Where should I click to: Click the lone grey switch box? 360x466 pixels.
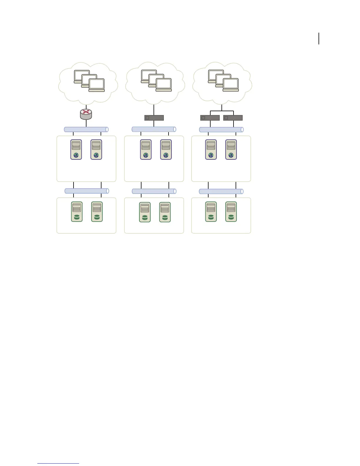tap(154, 118)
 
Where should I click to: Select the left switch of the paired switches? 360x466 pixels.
tap(210, 118)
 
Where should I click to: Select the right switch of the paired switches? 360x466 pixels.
tap(233, 118)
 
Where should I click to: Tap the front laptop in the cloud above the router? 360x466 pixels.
tap(97, 85)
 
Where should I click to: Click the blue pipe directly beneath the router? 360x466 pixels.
tap(86, 129)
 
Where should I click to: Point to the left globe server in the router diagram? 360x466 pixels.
tap(76, 149)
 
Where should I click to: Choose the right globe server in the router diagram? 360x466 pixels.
tap(96, 149)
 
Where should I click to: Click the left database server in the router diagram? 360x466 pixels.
tap(77, 212)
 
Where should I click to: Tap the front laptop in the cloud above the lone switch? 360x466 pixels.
tap(164, 85)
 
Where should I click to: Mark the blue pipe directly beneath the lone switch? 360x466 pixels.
tap(154, 129)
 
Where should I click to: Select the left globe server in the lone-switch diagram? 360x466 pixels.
tap(146, 150)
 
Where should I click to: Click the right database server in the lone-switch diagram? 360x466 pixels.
tap(165, 212)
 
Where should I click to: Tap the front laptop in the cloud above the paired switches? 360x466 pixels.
tap(231, 85)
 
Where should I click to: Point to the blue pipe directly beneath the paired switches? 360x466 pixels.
tap(221, 129)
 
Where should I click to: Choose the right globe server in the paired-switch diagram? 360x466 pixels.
tap(231, 149)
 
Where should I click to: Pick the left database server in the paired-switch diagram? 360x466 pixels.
tap(211, 212)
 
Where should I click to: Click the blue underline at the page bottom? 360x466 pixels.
tap(58, 463)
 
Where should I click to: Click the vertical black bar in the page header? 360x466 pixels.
tap(319, 39)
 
